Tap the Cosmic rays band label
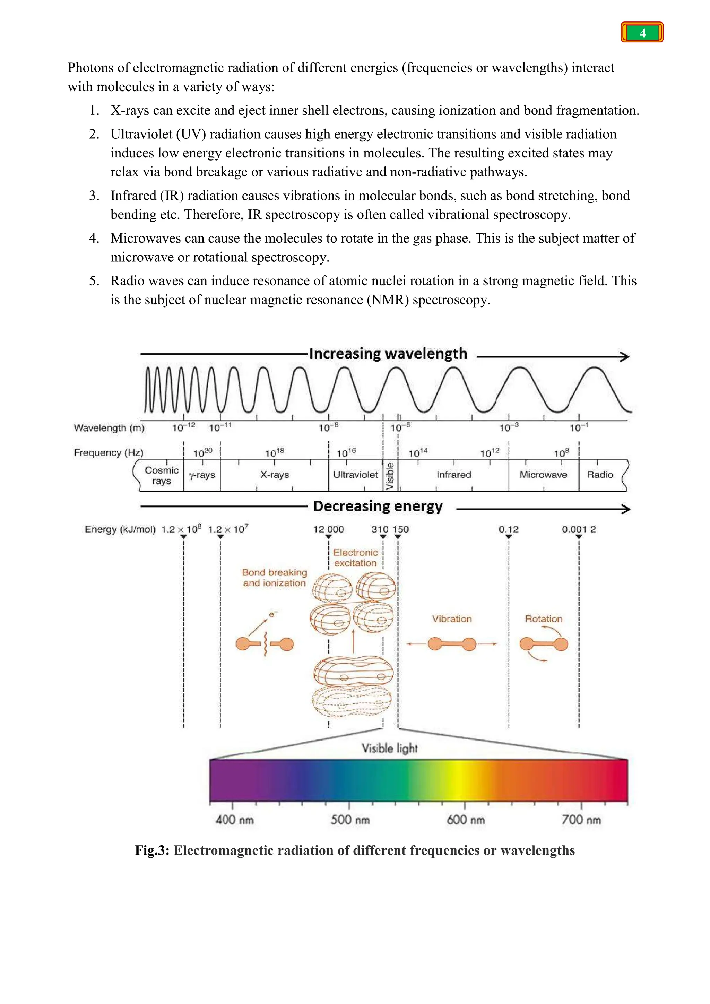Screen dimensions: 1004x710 (x=162, y=475)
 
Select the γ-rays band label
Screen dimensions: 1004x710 (x=202, y=475)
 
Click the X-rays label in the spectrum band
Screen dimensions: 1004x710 (x=275, y=475)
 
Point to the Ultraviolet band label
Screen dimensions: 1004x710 (x=355, y=475)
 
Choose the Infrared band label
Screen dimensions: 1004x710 (x=454, y=475)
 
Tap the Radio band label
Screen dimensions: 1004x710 (x=600, y=475)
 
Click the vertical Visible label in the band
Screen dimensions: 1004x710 (x=390, y=476)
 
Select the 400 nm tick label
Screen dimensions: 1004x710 (x=234, y=820)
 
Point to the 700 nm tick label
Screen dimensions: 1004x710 (x=581, y=820)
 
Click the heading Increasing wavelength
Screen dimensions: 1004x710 (x=388, y=353)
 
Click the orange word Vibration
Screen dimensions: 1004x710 (x=452, y=619)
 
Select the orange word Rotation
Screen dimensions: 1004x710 (x=544, y=619)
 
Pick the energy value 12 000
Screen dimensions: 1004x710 (x=328, y=529)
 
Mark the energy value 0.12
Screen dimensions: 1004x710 (x=509, y=529)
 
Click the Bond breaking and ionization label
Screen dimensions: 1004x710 (x=275, y=578)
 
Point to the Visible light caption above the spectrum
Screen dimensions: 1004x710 (x=390, y=748)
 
